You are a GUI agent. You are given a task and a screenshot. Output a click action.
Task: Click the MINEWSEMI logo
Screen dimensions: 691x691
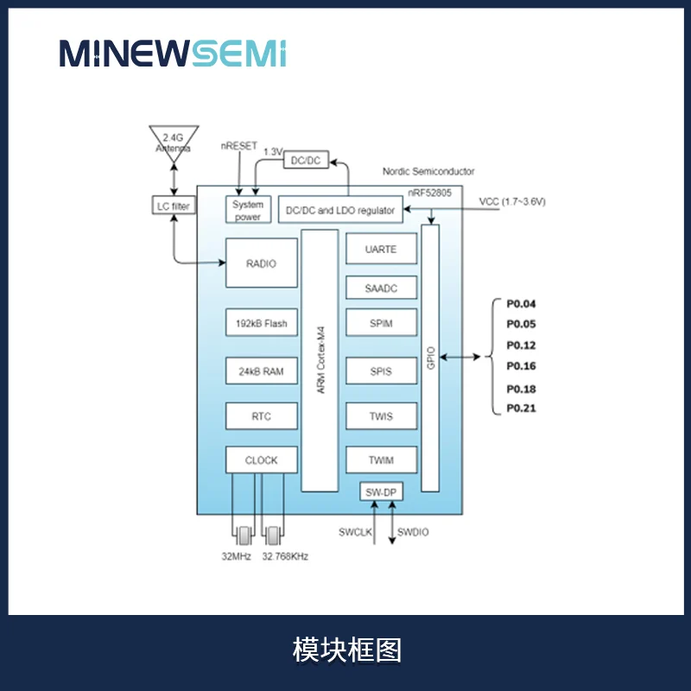tap(173, 54)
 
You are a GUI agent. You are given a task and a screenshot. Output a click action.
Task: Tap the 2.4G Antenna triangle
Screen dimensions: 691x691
tap(174, 141)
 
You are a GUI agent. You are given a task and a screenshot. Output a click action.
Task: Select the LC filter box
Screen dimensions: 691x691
tap(174, 206)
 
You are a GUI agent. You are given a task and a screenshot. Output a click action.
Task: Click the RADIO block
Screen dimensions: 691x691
tap(262, 263)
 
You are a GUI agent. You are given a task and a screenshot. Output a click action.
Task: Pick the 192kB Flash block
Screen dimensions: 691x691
tap(262, 323)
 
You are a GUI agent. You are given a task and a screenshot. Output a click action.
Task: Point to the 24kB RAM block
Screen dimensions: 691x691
tap(262, 371)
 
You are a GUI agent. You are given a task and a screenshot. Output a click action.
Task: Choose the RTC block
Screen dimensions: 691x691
tap(262, 416)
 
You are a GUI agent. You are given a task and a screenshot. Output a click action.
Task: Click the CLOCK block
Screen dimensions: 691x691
tap(262, 460)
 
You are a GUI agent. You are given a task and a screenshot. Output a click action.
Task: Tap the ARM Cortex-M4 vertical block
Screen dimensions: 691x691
tap(320, 360)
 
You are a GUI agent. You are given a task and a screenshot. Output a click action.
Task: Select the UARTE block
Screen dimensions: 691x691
tap(381, 249)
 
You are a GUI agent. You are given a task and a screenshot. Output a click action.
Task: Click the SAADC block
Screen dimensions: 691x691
tap(381, 288)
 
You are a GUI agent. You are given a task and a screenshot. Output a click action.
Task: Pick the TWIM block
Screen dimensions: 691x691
tap(381, 460)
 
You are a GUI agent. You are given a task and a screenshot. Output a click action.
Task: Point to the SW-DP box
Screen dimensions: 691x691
tap(381, 491)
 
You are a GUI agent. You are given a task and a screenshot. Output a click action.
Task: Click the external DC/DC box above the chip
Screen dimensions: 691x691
tap(307, 160)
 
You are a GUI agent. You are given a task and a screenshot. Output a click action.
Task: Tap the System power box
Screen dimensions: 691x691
tap(248, 210)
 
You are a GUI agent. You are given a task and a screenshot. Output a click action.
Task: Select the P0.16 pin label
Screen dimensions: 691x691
tap(521, 365)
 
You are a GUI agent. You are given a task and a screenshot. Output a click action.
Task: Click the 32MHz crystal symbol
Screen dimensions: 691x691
tap(244, 536)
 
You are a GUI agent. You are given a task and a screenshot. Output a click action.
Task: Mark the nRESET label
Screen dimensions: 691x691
tap(239, 146)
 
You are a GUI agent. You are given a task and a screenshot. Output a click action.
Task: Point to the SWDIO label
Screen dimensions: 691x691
tap(413, 532)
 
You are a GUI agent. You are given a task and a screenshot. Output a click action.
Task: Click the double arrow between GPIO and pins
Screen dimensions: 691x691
tap(460, 357)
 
